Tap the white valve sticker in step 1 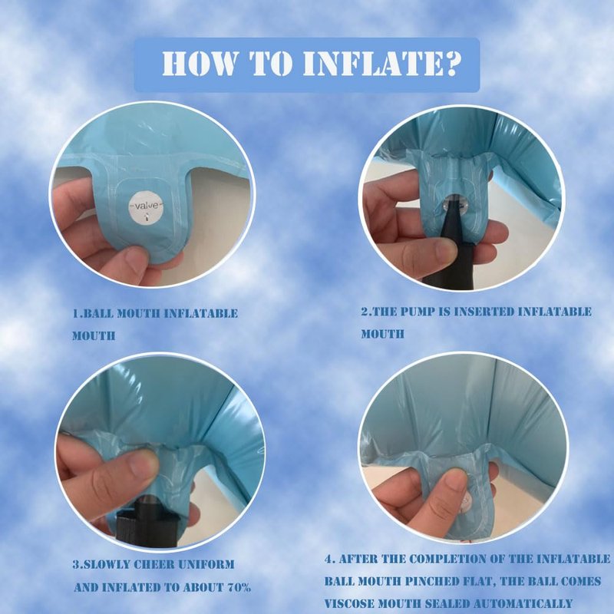coord(146,207)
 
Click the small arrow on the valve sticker coord(147,216)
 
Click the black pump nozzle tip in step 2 coord(451,205)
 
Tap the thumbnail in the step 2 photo coord(443,250)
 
